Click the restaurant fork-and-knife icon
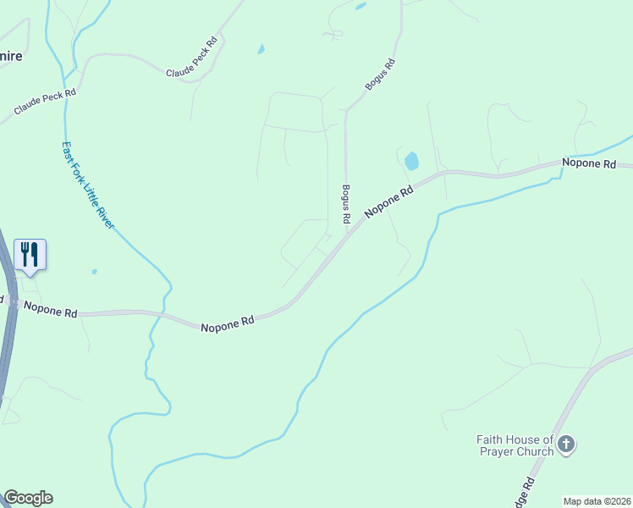30,253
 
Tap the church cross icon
567,443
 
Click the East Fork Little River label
88,184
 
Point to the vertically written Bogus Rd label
346,204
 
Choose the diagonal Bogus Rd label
380,75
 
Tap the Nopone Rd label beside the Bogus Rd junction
389,203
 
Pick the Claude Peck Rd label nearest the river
45,103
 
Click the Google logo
28,498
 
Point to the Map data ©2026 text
596,501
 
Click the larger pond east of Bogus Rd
411,161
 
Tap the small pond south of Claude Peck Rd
261,49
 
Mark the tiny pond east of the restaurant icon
94,272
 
